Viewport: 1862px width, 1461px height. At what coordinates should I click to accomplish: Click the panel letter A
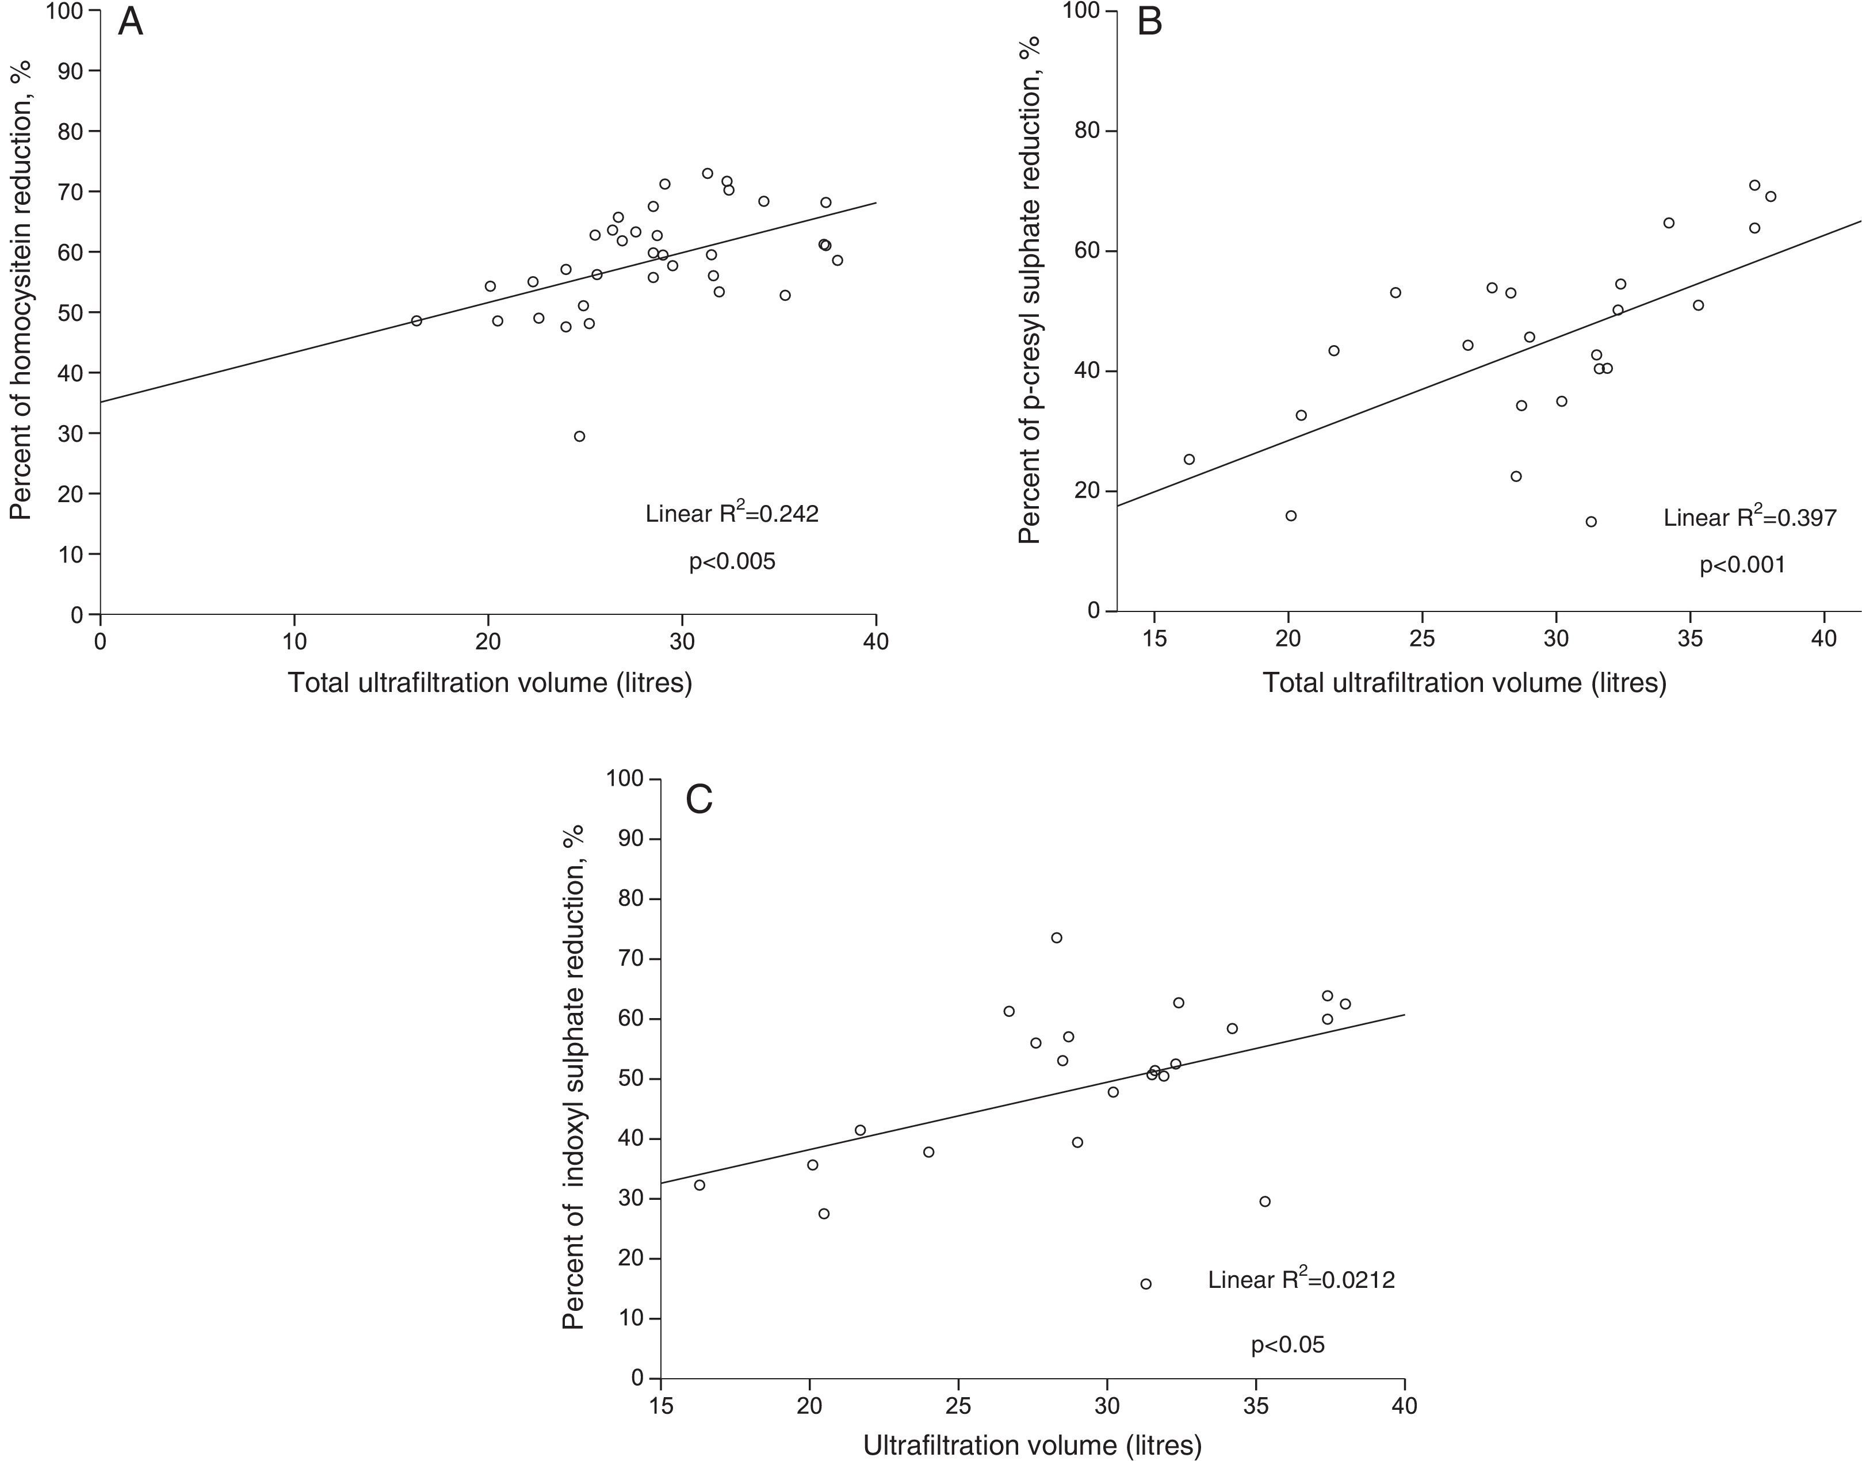130,23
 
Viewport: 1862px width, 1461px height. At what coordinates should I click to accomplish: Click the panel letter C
699,800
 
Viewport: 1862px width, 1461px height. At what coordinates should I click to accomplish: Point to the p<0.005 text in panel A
732,562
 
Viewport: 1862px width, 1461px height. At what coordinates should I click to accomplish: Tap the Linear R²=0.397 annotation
1749,518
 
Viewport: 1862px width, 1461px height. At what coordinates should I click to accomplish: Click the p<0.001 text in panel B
1742,565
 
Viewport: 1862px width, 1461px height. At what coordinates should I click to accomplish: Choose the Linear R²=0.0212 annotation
1301,1280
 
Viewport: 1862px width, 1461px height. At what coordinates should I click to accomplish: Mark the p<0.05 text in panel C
1287,1345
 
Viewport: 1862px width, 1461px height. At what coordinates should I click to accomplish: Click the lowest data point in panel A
579,436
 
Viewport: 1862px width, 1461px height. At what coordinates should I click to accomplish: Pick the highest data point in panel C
1056,938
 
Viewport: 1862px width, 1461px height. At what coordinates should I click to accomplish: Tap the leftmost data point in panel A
416,321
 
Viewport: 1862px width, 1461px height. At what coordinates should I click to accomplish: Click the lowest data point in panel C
1146,1284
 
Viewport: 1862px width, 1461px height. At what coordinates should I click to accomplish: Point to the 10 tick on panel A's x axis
294,641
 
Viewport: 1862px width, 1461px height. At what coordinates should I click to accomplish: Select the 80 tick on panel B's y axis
1089,132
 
